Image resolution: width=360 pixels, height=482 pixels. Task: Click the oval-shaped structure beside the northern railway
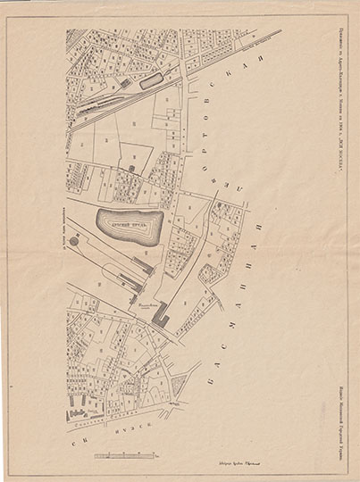151,80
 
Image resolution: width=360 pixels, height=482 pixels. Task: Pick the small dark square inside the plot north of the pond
130,168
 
